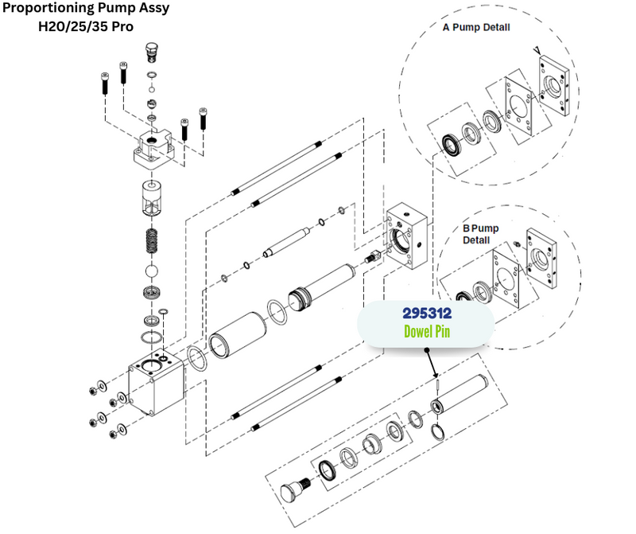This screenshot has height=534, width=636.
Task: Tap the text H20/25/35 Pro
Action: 86,25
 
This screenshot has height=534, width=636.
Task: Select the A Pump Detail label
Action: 476,27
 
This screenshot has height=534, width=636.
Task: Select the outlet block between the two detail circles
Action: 407,235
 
